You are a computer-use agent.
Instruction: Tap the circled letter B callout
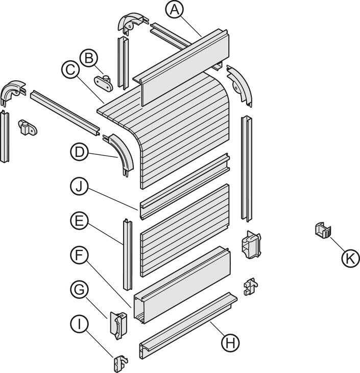tap(89, 58)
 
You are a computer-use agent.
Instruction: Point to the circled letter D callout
tap(80, 152)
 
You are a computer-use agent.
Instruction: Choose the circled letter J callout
tap(80, 186)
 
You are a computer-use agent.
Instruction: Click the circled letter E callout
tap(80, 221)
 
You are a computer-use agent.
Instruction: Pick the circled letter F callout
tap(80, 255)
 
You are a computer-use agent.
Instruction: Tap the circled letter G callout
tap(80, 290)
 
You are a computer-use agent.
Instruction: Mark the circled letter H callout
tap(230, 342)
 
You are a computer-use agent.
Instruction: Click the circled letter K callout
tap(351, 258)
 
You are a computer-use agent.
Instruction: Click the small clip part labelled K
tap(323, 230)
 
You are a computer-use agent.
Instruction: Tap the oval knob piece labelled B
tap(104, 83)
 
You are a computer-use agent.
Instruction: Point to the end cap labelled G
tap(118, 325)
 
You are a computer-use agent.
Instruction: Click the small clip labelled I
tap(121, 363)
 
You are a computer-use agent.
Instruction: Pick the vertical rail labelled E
tap(128, 254)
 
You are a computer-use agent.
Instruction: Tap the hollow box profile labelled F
tap(182, 285)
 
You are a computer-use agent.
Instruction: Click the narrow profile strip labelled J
tap(185, 186)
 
